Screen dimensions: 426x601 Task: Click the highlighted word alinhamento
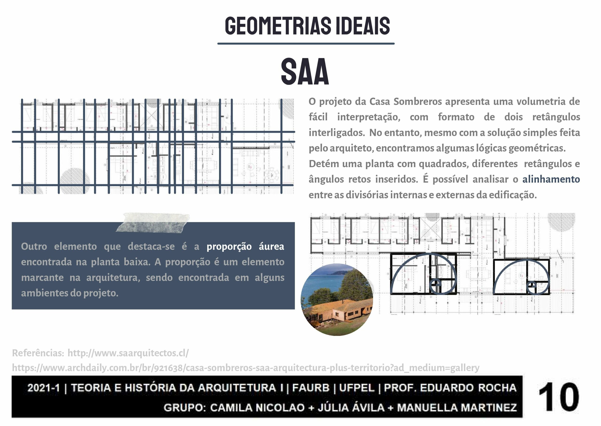551,179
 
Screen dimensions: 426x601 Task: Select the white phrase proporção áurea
245,247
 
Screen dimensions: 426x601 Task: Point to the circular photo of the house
337,300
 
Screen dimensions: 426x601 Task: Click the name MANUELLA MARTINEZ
457,408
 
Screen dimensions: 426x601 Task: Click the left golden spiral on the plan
424,274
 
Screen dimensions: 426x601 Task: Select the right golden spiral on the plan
521,277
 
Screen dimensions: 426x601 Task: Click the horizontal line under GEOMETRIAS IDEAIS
306,43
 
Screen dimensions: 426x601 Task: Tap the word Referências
38,353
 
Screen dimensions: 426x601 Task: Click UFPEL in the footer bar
357,388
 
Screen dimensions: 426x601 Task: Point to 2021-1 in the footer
44,388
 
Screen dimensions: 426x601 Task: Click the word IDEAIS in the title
363,26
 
